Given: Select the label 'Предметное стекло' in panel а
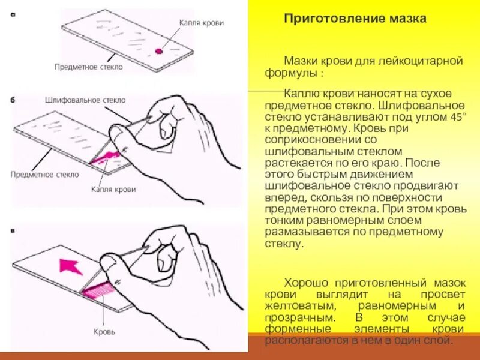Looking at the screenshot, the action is pos(88,67).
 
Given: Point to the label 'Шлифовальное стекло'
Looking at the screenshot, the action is pos(85,99).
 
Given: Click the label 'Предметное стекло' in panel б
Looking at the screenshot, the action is pos(44,174).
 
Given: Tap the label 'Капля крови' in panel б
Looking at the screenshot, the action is pos(113,190).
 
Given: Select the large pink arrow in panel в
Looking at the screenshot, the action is pos(70,264).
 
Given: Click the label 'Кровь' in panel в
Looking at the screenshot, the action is pos(104,331).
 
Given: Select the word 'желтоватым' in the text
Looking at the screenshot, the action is pos(296,307).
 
